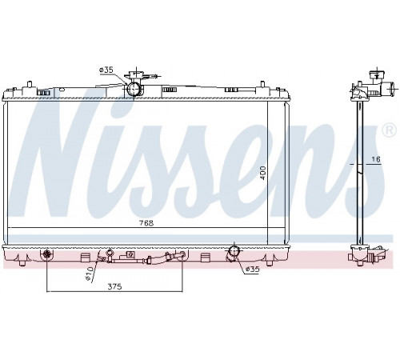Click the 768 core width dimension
click(x=146, y=223)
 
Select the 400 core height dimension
click(x=263, y=173)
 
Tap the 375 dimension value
click(x=114, y=286)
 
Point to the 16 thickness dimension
click(x=376, y=159)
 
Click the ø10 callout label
click(x=89, y=273)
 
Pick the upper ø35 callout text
click(x=106, y=70)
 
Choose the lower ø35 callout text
click(x=252, y=270)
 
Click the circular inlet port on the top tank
click(x=134, y=89)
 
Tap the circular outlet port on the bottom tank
click(x=234, y=251)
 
